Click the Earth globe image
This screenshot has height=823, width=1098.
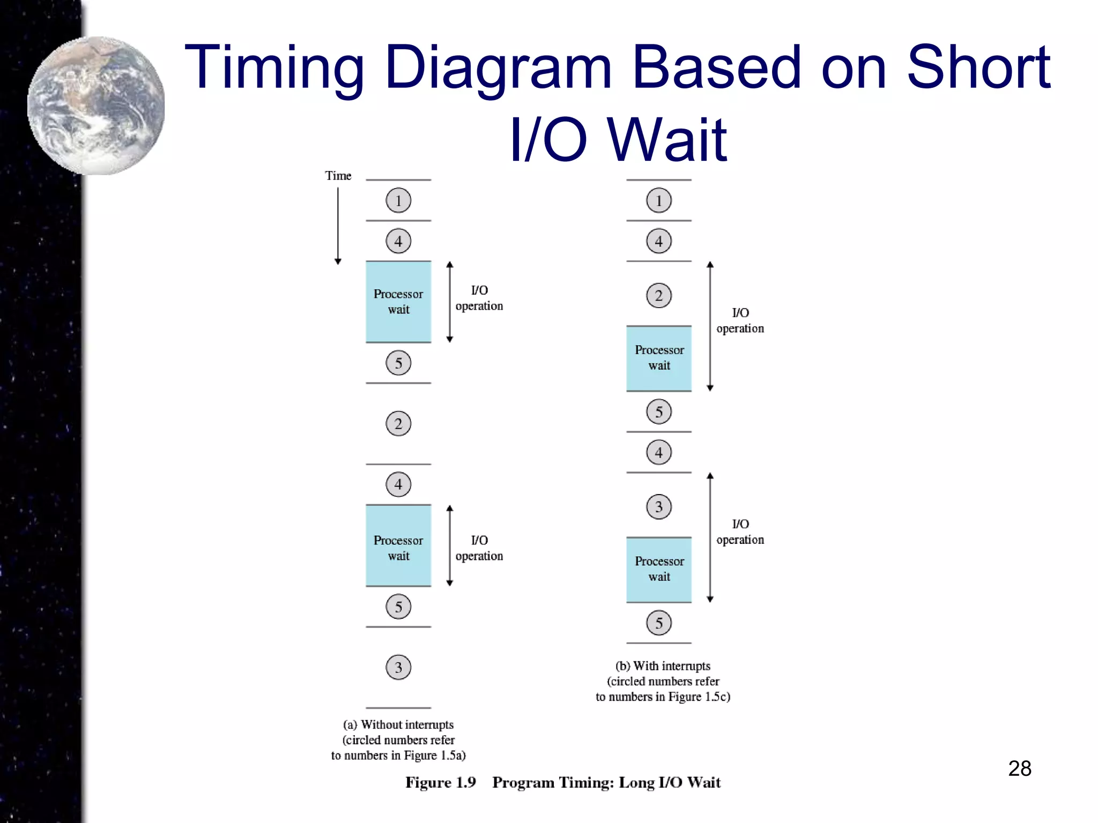97,105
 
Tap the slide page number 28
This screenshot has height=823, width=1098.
1019,768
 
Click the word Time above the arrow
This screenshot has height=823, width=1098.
338,176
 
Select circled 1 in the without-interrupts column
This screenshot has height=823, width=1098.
398,200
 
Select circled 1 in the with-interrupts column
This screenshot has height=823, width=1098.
659,200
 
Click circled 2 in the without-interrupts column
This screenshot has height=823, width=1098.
398,424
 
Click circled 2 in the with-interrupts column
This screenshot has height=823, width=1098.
659,295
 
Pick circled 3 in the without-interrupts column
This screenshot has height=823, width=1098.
398,668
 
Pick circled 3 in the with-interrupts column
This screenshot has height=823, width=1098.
659,507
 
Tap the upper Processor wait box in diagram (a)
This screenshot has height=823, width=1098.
398,302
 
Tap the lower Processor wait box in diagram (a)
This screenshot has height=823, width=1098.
398,546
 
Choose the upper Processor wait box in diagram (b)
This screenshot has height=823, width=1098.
659,358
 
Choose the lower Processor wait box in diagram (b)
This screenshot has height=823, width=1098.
659,570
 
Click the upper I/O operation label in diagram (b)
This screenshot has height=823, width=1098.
740,320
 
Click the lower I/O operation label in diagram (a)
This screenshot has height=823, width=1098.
479,548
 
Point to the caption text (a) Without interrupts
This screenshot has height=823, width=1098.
398,725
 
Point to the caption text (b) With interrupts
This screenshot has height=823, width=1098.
663,666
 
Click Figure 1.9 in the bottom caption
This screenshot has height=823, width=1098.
440,783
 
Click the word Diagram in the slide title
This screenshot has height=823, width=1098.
498,68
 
